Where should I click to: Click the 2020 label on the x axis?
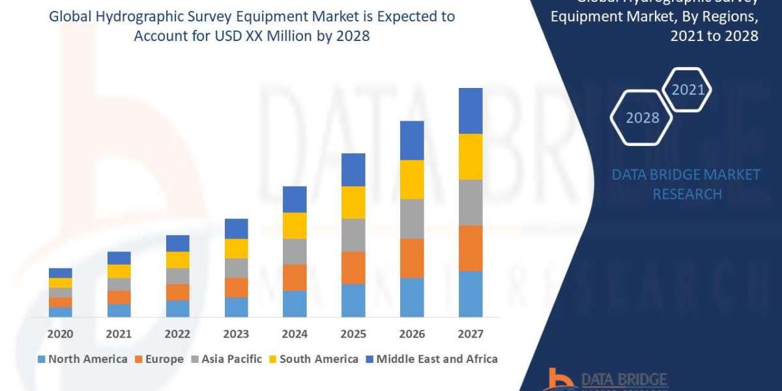[61, 334]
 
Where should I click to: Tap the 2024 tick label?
[295, 334]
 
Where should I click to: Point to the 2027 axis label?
[470, 334]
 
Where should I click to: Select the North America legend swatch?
[42, 359]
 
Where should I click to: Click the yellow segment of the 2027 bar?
[471, 156]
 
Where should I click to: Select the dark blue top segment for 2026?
[412, 140]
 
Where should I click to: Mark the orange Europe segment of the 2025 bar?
[353, 268]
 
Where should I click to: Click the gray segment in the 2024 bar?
[295, 252]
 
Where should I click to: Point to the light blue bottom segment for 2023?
[236, 307]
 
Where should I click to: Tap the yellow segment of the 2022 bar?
[177, 260]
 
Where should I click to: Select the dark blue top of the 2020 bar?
[61, 273]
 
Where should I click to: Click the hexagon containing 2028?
[642, 117]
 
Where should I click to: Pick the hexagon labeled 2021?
[688, 90]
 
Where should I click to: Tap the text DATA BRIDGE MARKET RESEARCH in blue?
[686, 184]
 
